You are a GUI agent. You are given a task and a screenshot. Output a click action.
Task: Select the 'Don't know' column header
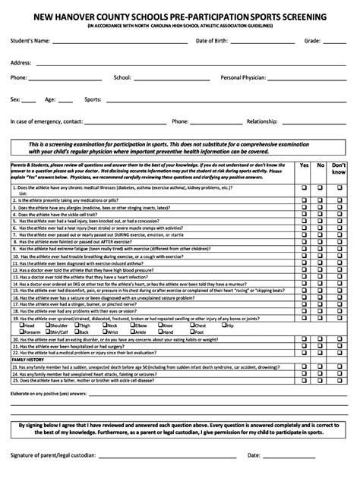(x=339, y=168)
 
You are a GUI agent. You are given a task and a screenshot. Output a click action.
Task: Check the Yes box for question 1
(x=305, y=186)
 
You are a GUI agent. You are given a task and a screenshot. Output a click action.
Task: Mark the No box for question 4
(x=321, y=215)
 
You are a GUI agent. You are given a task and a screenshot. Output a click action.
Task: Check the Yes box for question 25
(x=305, y=380)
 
